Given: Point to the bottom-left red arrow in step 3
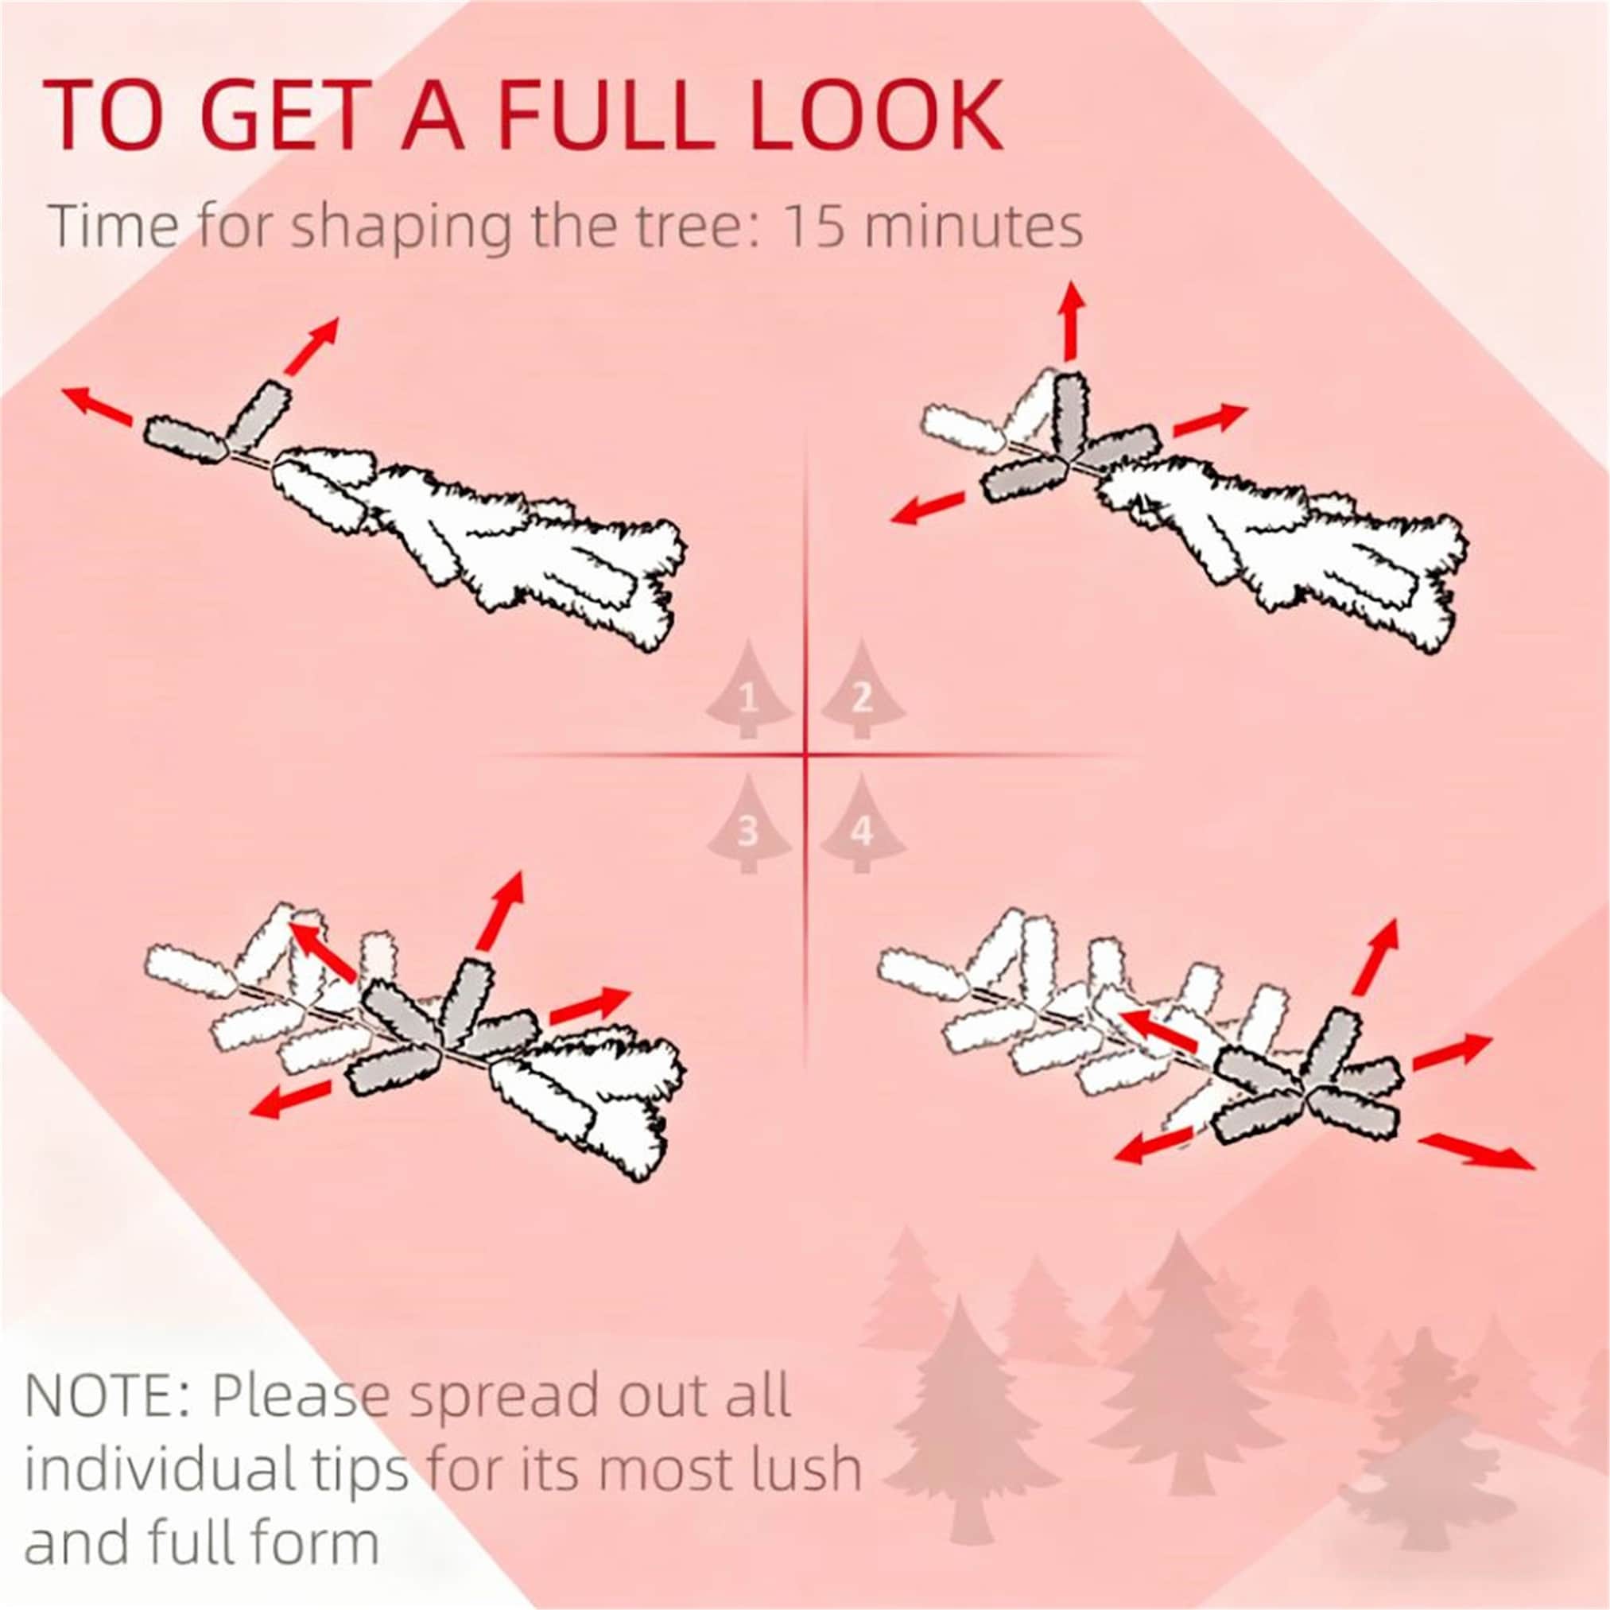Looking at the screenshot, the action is click(x=292, y=1099).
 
